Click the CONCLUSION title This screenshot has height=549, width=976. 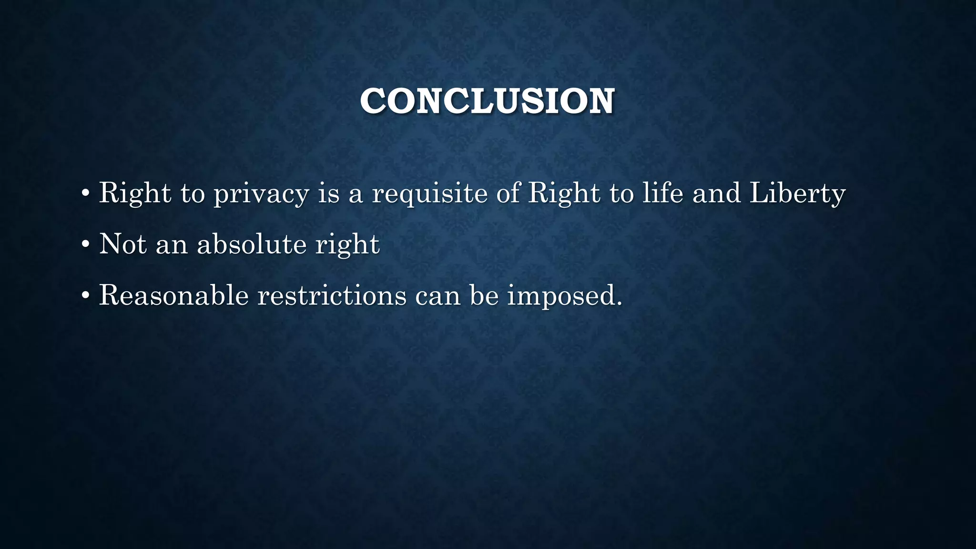pyautogui.click(x=487, y=101)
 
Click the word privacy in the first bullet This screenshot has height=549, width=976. pyautogui.click(x=261, y=194)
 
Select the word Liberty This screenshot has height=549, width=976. pyautogui.click(x=797, y=194)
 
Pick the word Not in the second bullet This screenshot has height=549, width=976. pyautogui.click(x=122, y=244)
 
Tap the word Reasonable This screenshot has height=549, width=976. pyautogui.click(x=174, y=295)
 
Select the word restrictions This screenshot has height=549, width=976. pyautogui.click(x=332, y=295)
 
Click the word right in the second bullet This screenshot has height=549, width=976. pyautogui.click(x=347, y=245)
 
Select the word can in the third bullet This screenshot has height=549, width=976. pyautogui.click(x=438, y=296)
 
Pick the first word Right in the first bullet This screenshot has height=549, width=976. pyautogui.click(x=135, y=194)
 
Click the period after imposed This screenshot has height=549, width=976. pyautogui.click(x=619, y=303)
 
